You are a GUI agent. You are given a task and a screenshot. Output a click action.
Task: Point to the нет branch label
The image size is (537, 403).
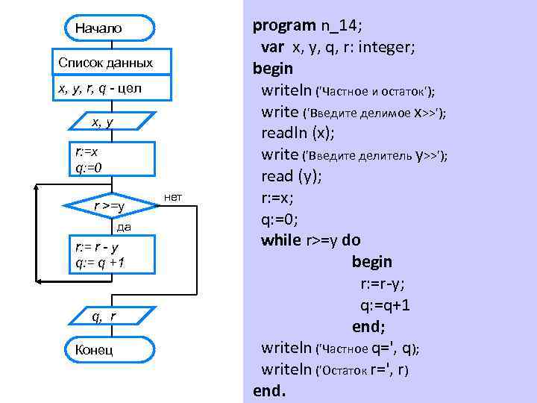point(172,197)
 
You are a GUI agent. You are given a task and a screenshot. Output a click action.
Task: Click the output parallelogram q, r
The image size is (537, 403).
point(104,316)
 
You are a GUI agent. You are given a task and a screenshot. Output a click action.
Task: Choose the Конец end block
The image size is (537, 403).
point(90,350)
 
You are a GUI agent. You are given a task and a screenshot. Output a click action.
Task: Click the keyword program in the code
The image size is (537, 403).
point(284,26)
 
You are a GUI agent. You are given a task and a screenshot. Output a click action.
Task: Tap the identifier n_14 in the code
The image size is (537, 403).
point(339,26)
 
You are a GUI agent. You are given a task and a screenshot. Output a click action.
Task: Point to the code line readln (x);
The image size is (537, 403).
point(298,134)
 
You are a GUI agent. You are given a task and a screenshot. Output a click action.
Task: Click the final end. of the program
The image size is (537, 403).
point(269,390)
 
